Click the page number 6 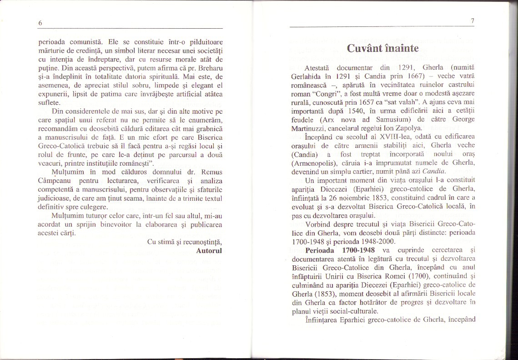click(x=40, y=23)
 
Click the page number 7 click(x=473, y=21)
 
